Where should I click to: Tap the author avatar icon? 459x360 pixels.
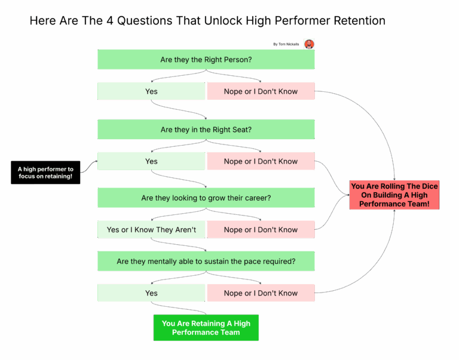tap(309, 44)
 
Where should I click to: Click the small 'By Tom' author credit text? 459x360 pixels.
tap(286, 44)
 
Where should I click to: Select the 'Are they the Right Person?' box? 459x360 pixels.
tap(206, 60)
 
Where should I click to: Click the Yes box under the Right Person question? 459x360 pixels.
tap(151, 91)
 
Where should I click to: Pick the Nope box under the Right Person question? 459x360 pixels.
tap(261, 91)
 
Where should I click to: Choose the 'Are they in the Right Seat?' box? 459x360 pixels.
tap(206, 130)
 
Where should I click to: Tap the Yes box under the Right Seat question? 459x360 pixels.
tap(151, 161)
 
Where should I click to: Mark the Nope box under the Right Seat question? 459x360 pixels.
tap(261, 161)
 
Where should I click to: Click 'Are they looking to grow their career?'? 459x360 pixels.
tap(206, 198)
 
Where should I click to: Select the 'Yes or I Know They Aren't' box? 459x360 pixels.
tap(151, 230)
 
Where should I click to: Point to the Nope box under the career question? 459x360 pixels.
tap(261, 230)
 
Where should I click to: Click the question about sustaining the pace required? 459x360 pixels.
tap(206, 261)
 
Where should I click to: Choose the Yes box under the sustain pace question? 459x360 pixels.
tap(151, 293)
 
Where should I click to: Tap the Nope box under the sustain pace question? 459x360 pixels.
tap(261, 293)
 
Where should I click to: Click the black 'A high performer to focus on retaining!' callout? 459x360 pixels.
tap(45, 173)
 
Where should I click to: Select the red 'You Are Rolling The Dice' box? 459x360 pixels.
tap(394, 195)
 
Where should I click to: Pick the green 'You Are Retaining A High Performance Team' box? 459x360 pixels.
tap(206, 328)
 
